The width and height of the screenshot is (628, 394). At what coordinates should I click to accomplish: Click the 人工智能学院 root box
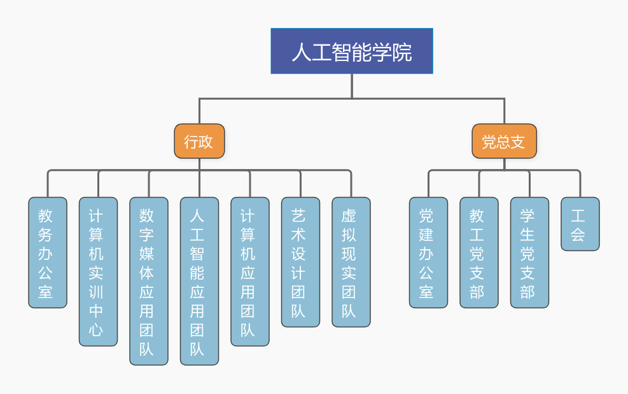point(352,51)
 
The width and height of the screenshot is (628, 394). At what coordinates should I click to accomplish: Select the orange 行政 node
point(199,141)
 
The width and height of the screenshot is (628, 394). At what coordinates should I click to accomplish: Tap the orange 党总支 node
point(504,141)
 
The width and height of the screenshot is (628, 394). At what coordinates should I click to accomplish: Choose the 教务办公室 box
point(48,252)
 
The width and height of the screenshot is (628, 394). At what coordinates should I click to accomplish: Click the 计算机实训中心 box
point(98,271)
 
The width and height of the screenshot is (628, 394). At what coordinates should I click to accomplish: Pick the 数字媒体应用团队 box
point(149,281)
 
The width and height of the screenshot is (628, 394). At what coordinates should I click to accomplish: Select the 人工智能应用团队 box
point(199,281)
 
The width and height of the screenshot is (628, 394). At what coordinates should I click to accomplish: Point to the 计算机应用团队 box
point(250,271)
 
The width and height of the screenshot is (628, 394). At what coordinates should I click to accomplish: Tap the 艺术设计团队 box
point(300,262)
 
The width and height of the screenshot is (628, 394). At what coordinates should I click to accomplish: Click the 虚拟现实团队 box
point(351,262)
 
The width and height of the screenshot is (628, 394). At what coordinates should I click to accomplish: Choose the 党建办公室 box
point(428,252)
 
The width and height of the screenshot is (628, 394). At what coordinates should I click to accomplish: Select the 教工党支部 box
point(479,252)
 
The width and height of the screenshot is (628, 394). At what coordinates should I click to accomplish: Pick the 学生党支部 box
point(529,252)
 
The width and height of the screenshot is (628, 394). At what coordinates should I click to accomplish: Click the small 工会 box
point(580,224)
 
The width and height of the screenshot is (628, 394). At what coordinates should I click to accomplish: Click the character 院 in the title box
point(402,51)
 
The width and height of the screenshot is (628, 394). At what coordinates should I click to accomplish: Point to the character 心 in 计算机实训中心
point(96,330)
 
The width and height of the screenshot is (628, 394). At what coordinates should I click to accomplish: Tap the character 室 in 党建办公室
point(426,292)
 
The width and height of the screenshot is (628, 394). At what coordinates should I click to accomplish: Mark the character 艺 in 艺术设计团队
point(298,215)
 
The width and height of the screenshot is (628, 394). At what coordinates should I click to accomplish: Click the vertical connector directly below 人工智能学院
point(352,86)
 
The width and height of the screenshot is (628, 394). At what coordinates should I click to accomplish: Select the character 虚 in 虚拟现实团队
point(349,215)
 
